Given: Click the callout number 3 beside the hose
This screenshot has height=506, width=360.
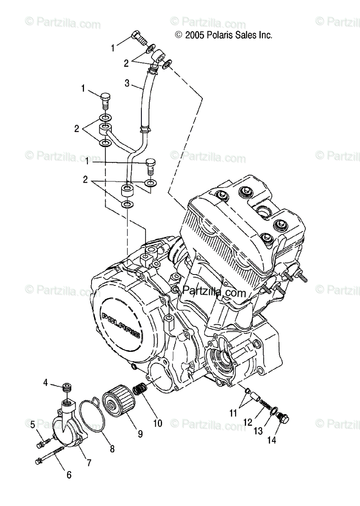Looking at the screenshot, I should (127, 83).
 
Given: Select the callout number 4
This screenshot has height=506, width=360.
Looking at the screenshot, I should (46, 382).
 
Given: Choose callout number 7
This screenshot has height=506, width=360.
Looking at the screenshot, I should (89, 463).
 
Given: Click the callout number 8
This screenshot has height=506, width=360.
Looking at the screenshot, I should (112, 449).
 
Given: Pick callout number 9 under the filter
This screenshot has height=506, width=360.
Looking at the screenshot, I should (140, 433).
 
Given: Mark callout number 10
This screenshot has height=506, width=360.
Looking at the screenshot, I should (157, 423).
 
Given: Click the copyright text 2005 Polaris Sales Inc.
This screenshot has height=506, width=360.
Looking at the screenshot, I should (224, 35).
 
